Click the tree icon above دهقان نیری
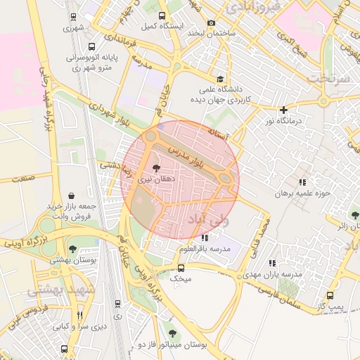click(155, 169)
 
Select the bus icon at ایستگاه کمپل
click(162, 15)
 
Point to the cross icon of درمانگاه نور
click(283, 110)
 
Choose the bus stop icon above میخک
click(181, 267)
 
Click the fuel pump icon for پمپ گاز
click(330, 296)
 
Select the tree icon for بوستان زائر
click(354, 215)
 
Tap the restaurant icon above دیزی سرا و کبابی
click(79, 315)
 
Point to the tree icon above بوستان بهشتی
click(72, 248)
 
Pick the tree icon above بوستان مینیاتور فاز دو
click(172, 333)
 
